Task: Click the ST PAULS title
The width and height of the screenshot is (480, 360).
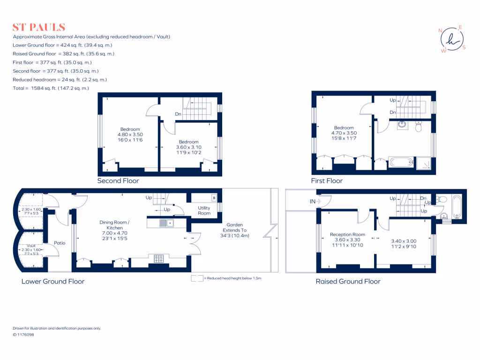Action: coord(39,27)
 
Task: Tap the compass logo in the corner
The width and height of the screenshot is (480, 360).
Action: coord(452,40)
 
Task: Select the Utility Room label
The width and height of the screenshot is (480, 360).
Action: coord(204,210)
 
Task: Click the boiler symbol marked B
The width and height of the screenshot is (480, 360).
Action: coord(214,197)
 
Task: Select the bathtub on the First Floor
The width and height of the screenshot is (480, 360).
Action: coord(401,163)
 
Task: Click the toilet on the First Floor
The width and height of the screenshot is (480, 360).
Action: coord(419,127)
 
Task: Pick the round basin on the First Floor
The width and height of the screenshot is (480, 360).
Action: coord(402,125)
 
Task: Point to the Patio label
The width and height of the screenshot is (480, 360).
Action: coord(59,243)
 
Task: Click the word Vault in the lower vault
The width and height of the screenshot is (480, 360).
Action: coord(31,245)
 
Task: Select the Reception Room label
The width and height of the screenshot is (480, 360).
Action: coord(347,234)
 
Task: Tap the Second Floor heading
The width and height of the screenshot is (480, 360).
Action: coord(118,180)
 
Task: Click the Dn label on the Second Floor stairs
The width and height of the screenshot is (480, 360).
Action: coord(178,114)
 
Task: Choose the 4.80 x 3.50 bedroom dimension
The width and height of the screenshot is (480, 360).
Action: coord(130,135)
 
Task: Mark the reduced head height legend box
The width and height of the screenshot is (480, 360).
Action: coord(197,278)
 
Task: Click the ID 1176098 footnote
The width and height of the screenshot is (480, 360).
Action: coord(23,335)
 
